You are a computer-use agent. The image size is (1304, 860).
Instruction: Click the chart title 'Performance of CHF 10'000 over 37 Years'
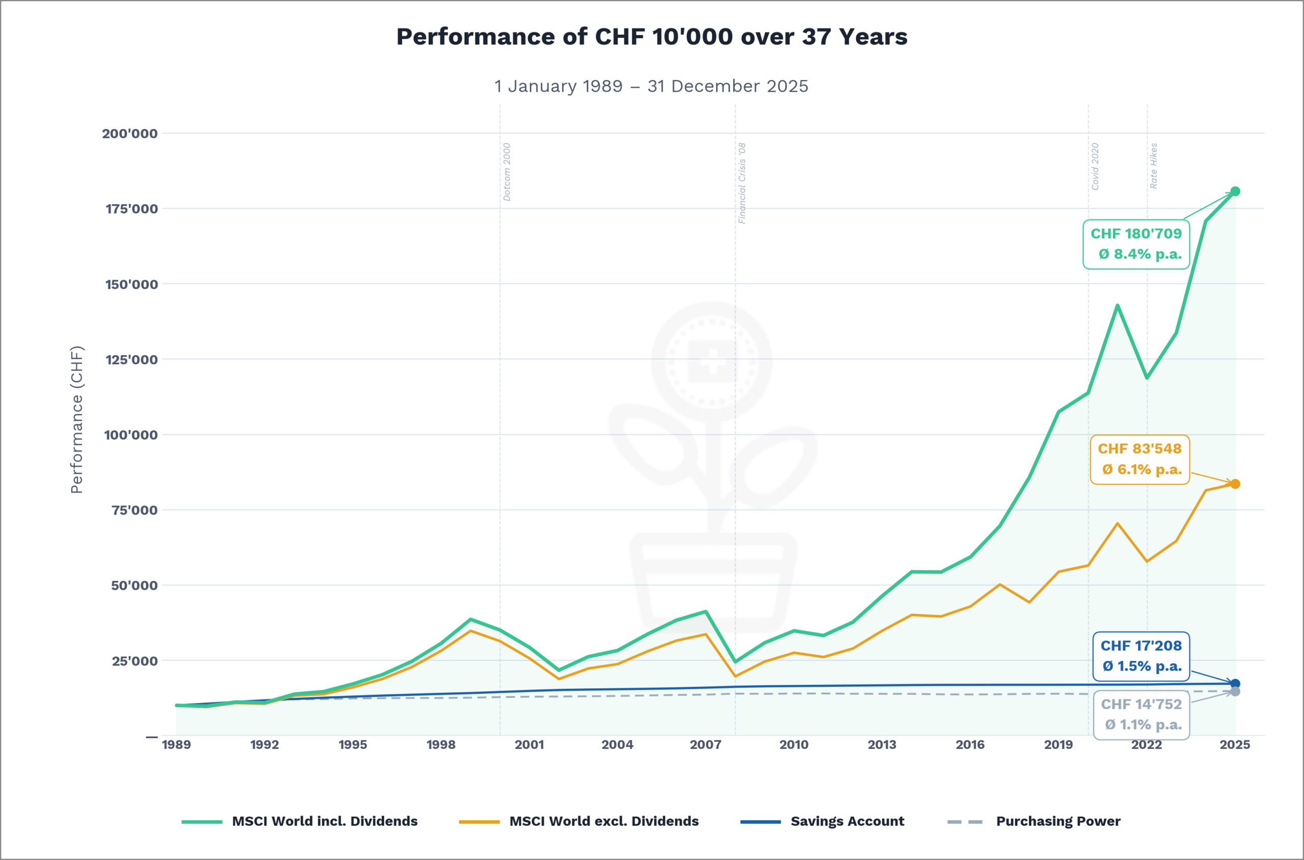coord(651,37)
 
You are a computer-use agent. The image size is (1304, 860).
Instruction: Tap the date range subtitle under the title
coord(651,86)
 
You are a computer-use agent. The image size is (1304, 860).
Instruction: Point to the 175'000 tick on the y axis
coord(131,208)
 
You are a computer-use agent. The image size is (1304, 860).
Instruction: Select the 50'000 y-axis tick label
coord(134,585)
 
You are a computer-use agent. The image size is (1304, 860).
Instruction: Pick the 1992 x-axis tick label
coord(264,745)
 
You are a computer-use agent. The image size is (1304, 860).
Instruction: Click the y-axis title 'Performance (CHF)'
coord(77,420)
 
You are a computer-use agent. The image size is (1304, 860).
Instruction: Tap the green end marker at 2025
coord(1235,192)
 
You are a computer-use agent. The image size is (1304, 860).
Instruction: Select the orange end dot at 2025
coord(1235,484)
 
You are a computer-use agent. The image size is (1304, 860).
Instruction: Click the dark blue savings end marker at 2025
coord(1235,684)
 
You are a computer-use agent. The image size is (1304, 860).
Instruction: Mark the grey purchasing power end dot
coord(1235,692)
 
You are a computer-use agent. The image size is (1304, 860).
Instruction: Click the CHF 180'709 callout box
coord(1136,244)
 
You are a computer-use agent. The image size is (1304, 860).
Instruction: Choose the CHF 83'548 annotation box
coord(1139,460)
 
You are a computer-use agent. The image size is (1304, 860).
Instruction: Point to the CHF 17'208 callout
coord(1140,657)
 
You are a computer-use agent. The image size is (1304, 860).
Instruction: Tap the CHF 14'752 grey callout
coord(1140,715)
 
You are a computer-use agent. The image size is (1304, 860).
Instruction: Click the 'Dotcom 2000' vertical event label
coord(507,172)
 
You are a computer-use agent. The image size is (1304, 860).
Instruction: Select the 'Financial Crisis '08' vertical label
coord(742,183)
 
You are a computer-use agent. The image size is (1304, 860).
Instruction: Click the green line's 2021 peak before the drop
coord(1117,306)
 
